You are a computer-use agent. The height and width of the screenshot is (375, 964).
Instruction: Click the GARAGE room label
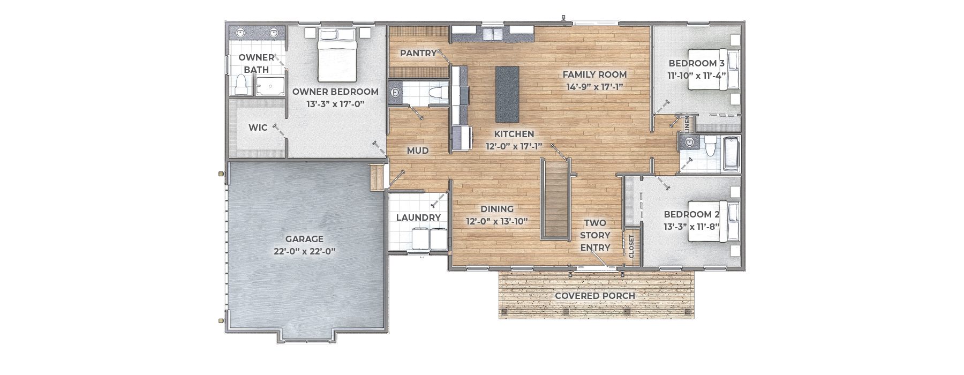pyautogui.click(x=304, y=239)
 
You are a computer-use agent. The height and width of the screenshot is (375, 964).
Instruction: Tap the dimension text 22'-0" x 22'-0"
pyautogui.click(x=304, y=251)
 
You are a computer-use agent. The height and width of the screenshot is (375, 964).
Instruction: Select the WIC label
pyautogui.click(x=258, y=128)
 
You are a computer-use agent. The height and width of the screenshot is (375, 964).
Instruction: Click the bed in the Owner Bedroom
pyautogui.click(x=337, y=54)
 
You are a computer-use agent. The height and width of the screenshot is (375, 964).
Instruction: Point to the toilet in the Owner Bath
pyautogui.click(x=242, y=85)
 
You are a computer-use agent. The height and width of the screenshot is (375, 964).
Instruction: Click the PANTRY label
pyautogui.click(x=418, y=53)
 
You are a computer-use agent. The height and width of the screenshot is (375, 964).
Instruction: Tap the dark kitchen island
pyautogui.click(x=507, y=94)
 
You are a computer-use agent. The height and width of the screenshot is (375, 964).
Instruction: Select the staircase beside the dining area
pyautogui.click(x=556, y=199)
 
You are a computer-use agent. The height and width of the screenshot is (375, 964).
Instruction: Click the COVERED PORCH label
pyautogui.click(x=595, y=296)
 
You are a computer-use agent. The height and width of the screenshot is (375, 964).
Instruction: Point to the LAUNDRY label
pyautogui.click(x=418, y=217)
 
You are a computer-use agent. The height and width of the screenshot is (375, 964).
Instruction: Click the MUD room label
pyautogui.click(x=418, y=151)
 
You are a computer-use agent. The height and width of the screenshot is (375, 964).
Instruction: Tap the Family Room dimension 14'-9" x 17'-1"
pyautogui.click(x=594, y=87)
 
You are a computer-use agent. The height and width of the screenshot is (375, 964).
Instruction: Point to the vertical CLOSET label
pyautogui.click(x=631, y=246)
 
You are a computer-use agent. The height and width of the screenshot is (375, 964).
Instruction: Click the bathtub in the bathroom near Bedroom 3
pyautogui.click(x=730, y=154)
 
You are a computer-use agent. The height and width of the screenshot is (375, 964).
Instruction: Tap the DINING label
pyautogui.click(x=497, y=209)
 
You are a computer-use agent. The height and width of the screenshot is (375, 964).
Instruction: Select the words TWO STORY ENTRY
pyautogui.click(x=595, y=235)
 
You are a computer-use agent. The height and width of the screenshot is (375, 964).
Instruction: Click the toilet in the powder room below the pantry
pyautogui.click(x=438, y=93)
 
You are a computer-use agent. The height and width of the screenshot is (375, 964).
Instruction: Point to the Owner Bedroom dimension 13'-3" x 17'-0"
pyautogui.click(x=335, y=104)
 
